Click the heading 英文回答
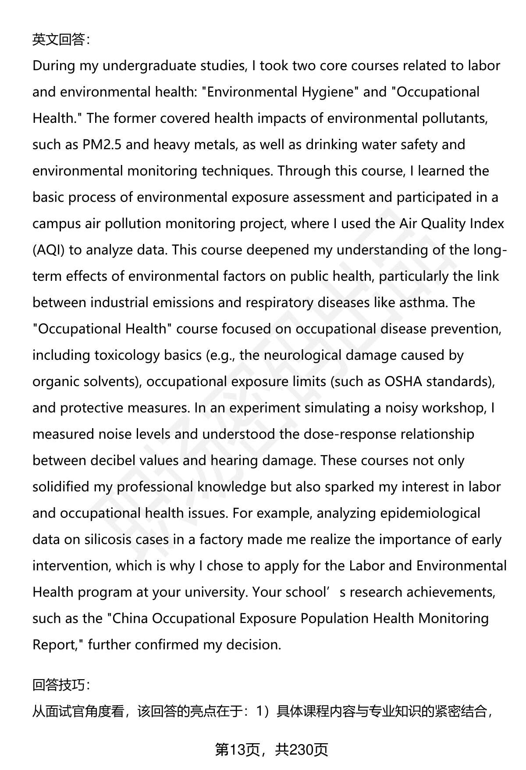60,40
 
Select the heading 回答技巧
60,684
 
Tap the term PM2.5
102,144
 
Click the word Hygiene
328,92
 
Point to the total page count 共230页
302,750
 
